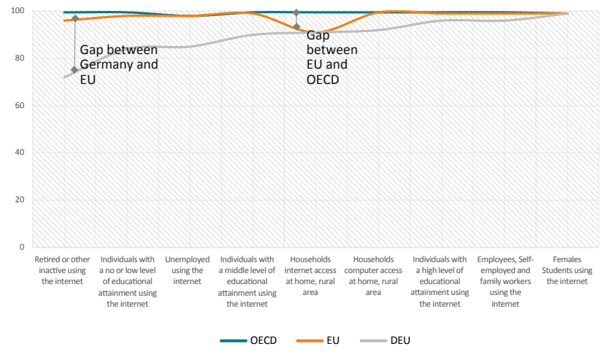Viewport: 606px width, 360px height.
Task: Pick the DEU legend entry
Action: tap(382, 340)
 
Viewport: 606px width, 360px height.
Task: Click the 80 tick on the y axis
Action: tap(20, 58)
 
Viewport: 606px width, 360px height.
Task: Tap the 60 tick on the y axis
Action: tap(20, 106)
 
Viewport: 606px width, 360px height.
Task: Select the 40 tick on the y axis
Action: tap(20, 153)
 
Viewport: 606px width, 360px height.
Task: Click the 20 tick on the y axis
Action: tap(20, 200)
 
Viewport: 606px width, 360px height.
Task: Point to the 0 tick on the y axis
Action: tap(22, 248)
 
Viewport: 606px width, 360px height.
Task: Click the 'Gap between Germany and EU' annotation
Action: tap(118, 64)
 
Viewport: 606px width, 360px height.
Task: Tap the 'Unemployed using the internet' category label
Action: tap(188, 270)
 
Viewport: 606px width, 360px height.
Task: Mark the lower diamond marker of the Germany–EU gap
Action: tap(74, 70)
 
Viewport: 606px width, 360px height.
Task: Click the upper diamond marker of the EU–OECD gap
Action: tap(296, 12)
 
